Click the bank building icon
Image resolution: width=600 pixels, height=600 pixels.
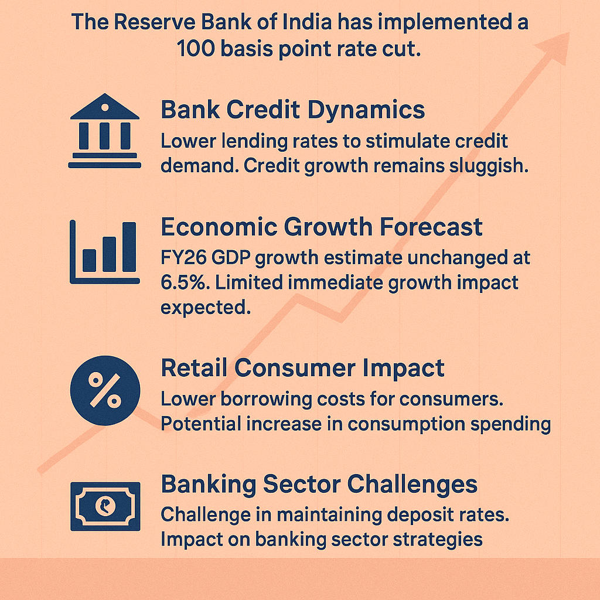(x=104, y=131)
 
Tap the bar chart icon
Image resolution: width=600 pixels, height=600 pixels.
(x=104, y=252)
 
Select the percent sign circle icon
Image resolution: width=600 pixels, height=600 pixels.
(x=105, y=390)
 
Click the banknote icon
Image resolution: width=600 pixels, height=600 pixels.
(x=105, y=506)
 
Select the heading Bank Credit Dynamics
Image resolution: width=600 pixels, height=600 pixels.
(x=293, y=111)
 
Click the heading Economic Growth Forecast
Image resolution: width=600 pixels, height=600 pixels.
(x=322, y=227)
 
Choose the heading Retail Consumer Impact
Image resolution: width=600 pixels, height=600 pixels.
(x=303, y=368)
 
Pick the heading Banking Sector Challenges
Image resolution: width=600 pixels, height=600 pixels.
(x=319, y=485)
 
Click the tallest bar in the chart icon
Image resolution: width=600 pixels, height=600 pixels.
(x=129, y=247)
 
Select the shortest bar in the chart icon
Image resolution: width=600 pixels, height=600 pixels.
(x=90, y=261)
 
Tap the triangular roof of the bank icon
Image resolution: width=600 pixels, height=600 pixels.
(x=104, y=107)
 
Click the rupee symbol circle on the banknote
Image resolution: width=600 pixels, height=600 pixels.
(x=105, y=506)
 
